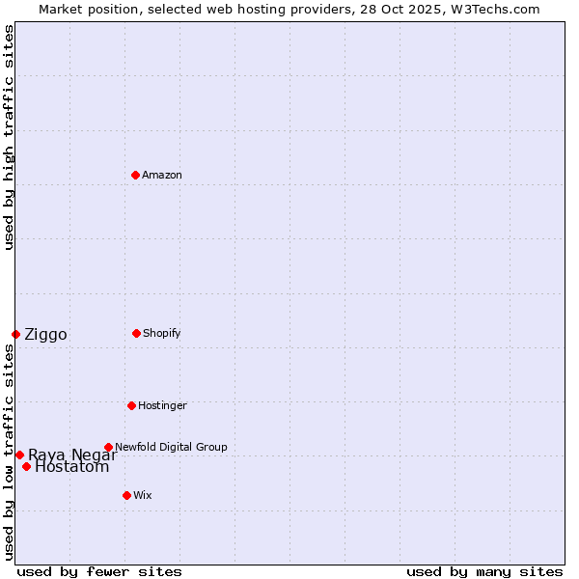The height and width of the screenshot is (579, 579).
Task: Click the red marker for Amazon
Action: (135, 175)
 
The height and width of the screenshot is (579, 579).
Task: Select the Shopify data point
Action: (136, 333)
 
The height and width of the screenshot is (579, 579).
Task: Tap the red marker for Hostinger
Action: (131, 405)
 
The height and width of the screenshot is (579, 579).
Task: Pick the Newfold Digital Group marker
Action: (108, 447)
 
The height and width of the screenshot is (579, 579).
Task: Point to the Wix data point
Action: (126, 495)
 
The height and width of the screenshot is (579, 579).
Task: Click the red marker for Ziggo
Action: (15, 334)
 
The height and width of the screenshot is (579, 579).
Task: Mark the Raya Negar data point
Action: (19, 455)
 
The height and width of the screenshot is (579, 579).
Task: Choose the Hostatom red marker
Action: (26, 467)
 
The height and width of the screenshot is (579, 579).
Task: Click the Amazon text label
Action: (162, 175)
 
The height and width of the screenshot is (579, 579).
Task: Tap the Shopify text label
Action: (162, 333)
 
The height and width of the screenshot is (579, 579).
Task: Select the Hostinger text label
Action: (162, 405)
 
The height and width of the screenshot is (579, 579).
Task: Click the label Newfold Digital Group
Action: (171, 447)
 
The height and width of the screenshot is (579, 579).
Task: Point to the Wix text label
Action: (143, 495)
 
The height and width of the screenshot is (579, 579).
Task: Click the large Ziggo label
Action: (45, 335)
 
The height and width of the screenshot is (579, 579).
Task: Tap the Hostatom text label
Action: (72, 468)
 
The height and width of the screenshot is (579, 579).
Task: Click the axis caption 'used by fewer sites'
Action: (99, 571)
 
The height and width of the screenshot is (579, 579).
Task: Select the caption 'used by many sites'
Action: (484, 571)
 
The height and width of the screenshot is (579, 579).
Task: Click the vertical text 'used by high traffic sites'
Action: (9, 137)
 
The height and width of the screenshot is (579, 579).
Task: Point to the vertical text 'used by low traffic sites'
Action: (9, 452)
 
